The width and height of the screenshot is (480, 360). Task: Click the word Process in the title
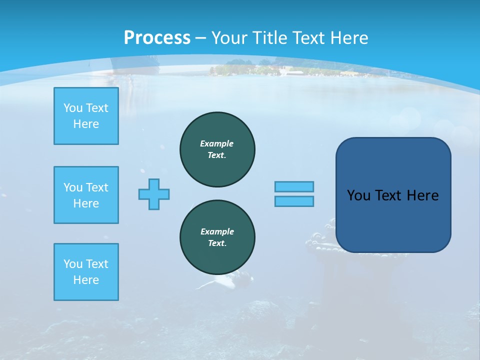coord(157,38)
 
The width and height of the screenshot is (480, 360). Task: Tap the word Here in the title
coord(348,38)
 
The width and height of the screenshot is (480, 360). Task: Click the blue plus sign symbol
coord(154,194)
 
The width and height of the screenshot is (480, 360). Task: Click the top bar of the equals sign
coord(294,186)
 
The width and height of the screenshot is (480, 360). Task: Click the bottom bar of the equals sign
coord(294,201)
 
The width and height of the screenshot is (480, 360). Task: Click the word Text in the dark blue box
coord(389,195)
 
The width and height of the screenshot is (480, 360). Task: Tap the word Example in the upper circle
coord(216,143)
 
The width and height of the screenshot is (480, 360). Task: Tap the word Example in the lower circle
coord(217,231)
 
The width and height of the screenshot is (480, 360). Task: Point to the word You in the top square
coord(73,108)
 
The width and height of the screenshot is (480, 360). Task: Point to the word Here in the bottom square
coord(86,280)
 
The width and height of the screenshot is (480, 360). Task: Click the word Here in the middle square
coord(86,203)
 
